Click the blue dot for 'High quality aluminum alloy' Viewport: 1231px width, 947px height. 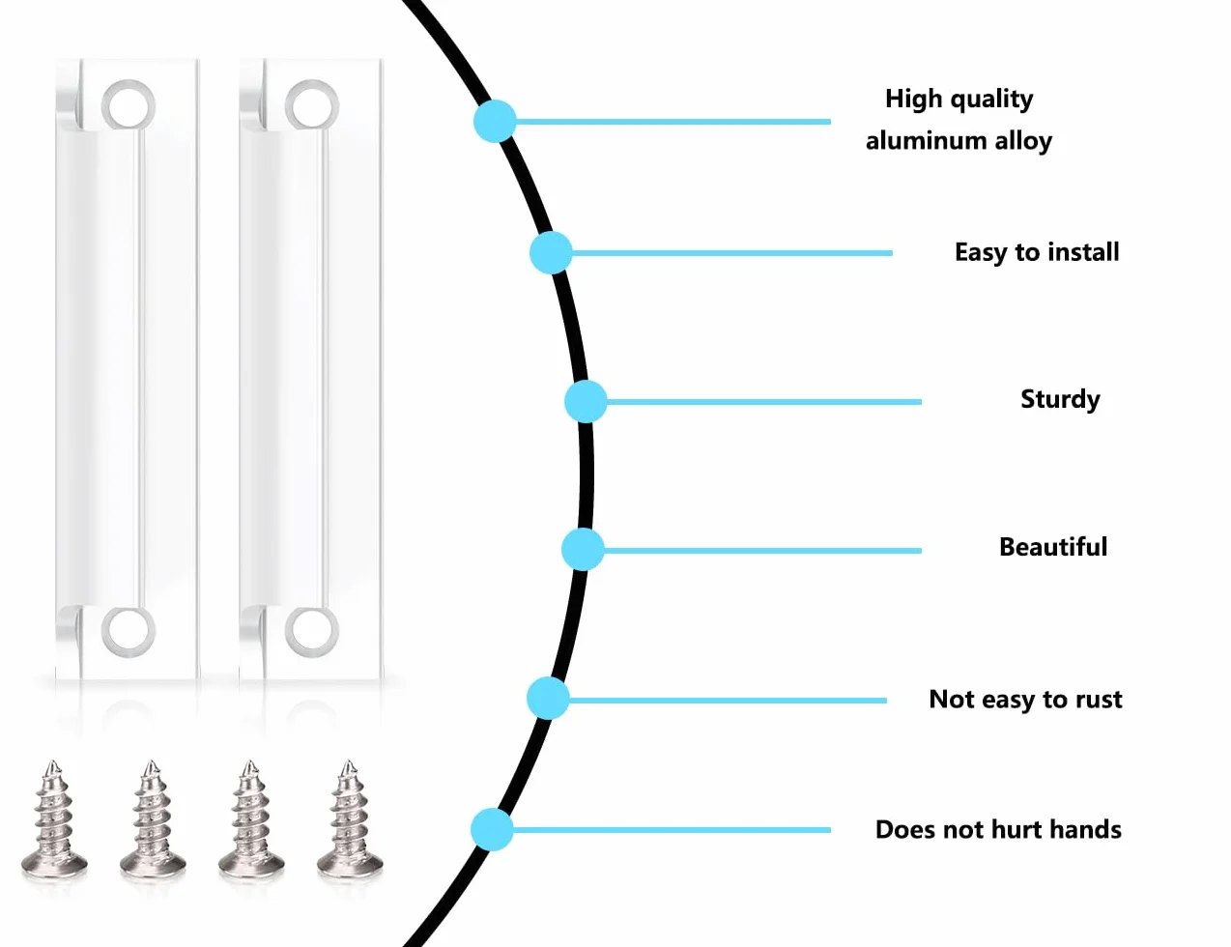point(495,121)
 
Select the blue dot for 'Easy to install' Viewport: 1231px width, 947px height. point(551,252)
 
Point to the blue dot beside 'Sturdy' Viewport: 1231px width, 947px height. point(586,402)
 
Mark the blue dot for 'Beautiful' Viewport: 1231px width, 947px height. point(583,550)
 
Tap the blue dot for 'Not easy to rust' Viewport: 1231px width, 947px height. point(548,699)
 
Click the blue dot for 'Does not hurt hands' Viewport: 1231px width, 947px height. point(492,830)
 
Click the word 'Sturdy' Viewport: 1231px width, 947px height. point(1060,400)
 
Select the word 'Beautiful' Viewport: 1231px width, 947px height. point(1053,547)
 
